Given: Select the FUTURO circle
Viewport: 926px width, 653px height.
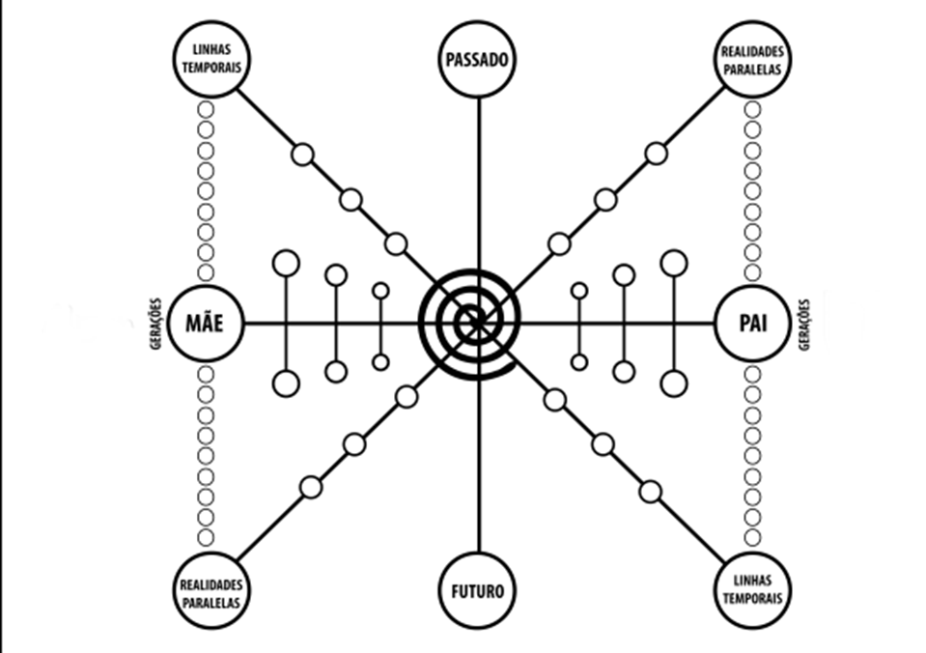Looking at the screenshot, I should point(478,589).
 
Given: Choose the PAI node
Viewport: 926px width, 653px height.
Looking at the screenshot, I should point(751,324).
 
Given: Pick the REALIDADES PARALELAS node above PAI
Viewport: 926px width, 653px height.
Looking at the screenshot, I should point(751,60).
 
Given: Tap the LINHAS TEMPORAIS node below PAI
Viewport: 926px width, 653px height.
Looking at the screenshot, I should point(751,589).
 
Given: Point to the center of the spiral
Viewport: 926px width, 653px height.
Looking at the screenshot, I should point(472,321).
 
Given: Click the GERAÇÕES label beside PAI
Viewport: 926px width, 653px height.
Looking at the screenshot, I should point(803,325).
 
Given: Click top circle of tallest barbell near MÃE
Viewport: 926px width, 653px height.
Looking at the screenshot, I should point(286,263).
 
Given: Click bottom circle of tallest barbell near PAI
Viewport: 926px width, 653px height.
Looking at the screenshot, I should point(673,383).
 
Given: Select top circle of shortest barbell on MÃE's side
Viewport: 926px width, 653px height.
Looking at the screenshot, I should point(380,290).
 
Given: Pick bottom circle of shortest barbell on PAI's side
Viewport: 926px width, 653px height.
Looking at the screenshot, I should point(579,362).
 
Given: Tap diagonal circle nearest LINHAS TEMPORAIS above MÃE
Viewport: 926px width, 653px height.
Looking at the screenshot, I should point(303,154).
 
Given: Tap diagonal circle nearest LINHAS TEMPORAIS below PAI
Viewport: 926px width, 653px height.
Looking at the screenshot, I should point(651,492).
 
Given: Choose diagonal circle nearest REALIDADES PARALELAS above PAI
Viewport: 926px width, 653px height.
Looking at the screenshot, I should point(656,153).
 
